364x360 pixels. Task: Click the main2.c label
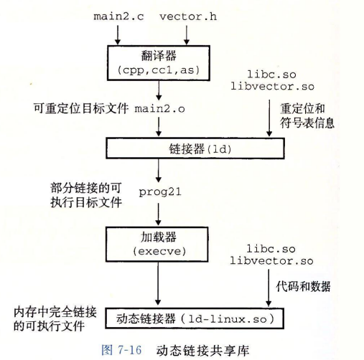[118, 16]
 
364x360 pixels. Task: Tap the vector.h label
[188, 16]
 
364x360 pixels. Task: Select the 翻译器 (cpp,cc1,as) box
[159, 63]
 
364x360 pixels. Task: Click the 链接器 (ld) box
[195, 148]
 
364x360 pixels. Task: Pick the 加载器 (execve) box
[157, 245]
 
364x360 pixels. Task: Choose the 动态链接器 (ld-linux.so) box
[195, 318]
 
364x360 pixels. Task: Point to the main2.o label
[159, 109]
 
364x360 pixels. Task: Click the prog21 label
[160, 192]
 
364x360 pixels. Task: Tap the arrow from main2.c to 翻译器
[118, 35]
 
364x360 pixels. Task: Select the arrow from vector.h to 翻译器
[187, 35]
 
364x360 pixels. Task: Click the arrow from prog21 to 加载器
[158, 214]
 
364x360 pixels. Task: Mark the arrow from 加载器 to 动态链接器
[158, 283]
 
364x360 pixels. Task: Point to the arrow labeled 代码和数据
[269, 288]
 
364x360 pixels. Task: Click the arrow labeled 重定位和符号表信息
[269, 118]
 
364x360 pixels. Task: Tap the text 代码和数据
[303, 286]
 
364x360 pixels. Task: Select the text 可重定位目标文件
[81, 108]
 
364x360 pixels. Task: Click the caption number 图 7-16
[121, 350]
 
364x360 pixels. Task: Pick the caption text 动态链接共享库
[202, 351]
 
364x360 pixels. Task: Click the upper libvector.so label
[272, 86]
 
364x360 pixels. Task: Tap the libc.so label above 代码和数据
[271, 249]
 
